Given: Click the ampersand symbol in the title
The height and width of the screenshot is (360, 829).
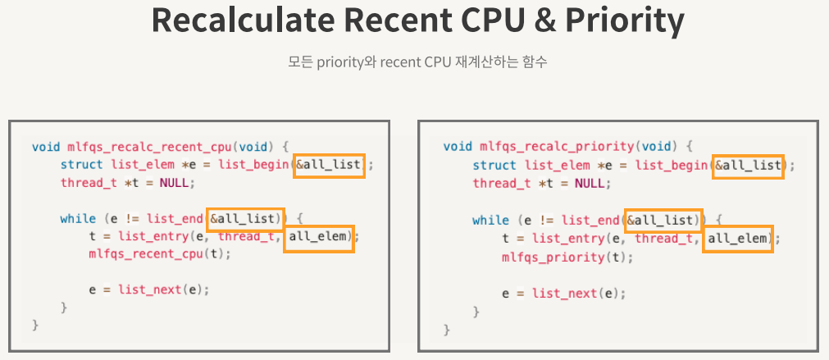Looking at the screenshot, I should point(531,22).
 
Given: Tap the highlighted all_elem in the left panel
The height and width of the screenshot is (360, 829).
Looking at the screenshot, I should point(320,237).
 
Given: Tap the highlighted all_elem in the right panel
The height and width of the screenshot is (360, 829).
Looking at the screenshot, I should point(739,239).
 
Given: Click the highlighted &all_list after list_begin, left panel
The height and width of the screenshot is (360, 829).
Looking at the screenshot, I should point(328,165).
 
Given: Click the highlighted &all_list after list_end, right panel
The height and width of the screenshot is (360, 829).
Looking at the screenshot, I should point(662,220).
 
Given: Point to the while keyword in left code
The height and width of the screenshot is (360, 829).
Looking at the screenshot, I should point(76,219).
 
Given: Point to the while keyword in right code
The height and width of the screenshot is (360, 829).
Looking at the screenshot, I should point(489,220).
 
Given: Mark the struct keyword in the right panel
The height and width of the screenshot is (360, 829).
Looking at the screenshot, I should point(494,165).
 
